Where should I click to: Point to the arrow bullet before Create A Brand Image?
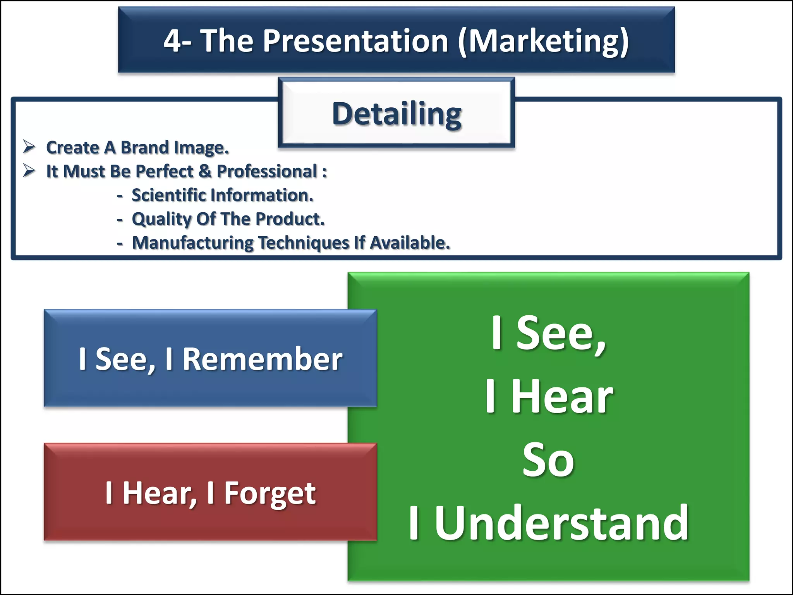[29, 147]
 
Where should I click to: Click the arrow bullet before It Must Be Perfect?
[29, 170]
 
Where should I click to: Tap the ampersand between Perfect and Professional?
[205, 171]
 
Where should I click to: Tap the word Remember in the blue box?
[262, 359]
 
